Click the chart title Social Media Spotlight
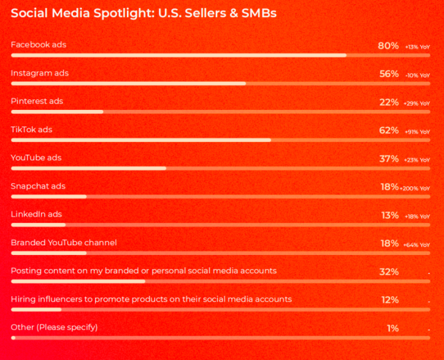click(x=144, y=12)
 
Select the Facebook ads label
click(x=38, y=45)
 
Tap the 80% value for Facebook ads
click(x=389, y=46)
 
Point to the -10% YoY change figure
click(x=417, y=75)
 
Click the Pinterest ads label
click(x=37, y=101)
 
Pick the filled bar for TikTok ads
click(x=141, y=140)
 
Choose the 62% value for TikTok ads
click(x=389, y=130)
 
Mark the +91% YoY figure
click(x=417, y=132)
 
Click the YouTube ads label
click(x=36, y=158)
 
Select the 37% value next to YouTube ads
click(x=389, y=158)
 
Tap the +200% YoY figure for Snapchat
click(x=415, y=188)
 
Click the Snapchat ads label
click(x=38, y=186)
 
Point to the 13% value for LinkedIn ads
click(x=389, y=215)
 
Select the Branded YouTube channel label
click(x=64, y=243)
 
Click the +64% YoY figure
click(x=417, y=245)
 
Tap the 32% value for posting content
click(x=389, y=271)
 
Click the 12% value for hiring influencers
click(x=389, y=300)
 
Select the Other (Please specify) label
click(x=54, y=328)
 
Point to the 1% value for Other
click(x=392, y=328)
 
